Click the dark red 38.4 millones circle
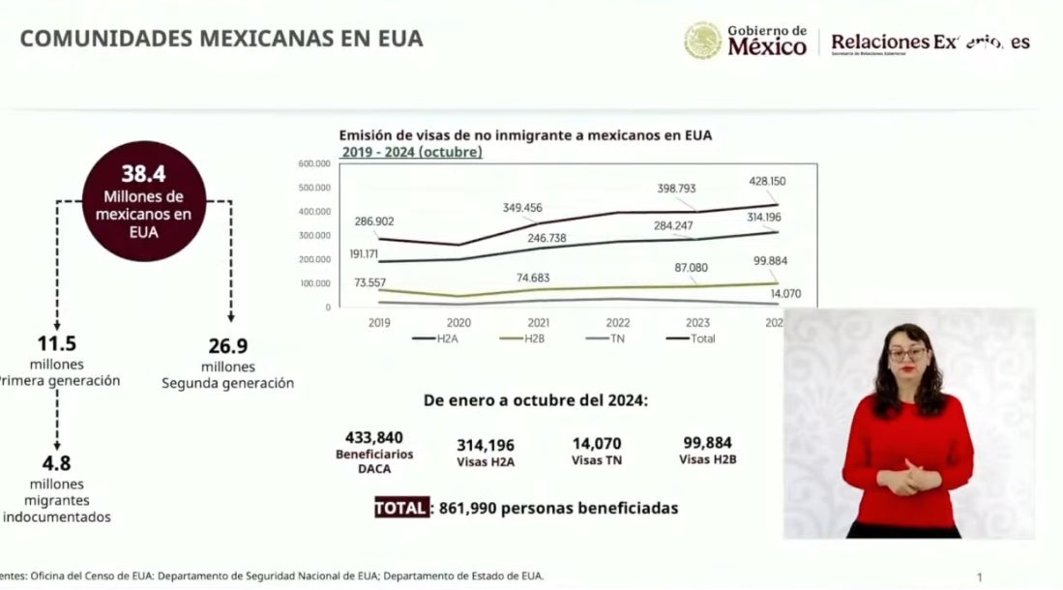click(x=144, y=201)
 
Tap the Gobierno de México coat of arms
click(x=702, y=40)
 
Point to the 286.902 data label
click(x=372, y=221)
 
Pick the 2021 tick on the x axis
click(x=538, y=322)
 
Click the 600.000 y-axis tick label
click(x=314, y=163)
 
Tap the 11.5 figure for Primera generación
click(x=56, y=344)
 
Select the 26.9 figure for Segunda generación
click(x=228, y=346)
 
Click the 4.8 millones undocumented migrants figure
click(x=55, y=463)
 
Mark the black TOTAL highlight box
click(x=400, y=508)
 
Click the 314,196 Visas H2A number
click(x=486, y=444)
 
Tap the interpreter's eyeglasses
click(x=906, y=354)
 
